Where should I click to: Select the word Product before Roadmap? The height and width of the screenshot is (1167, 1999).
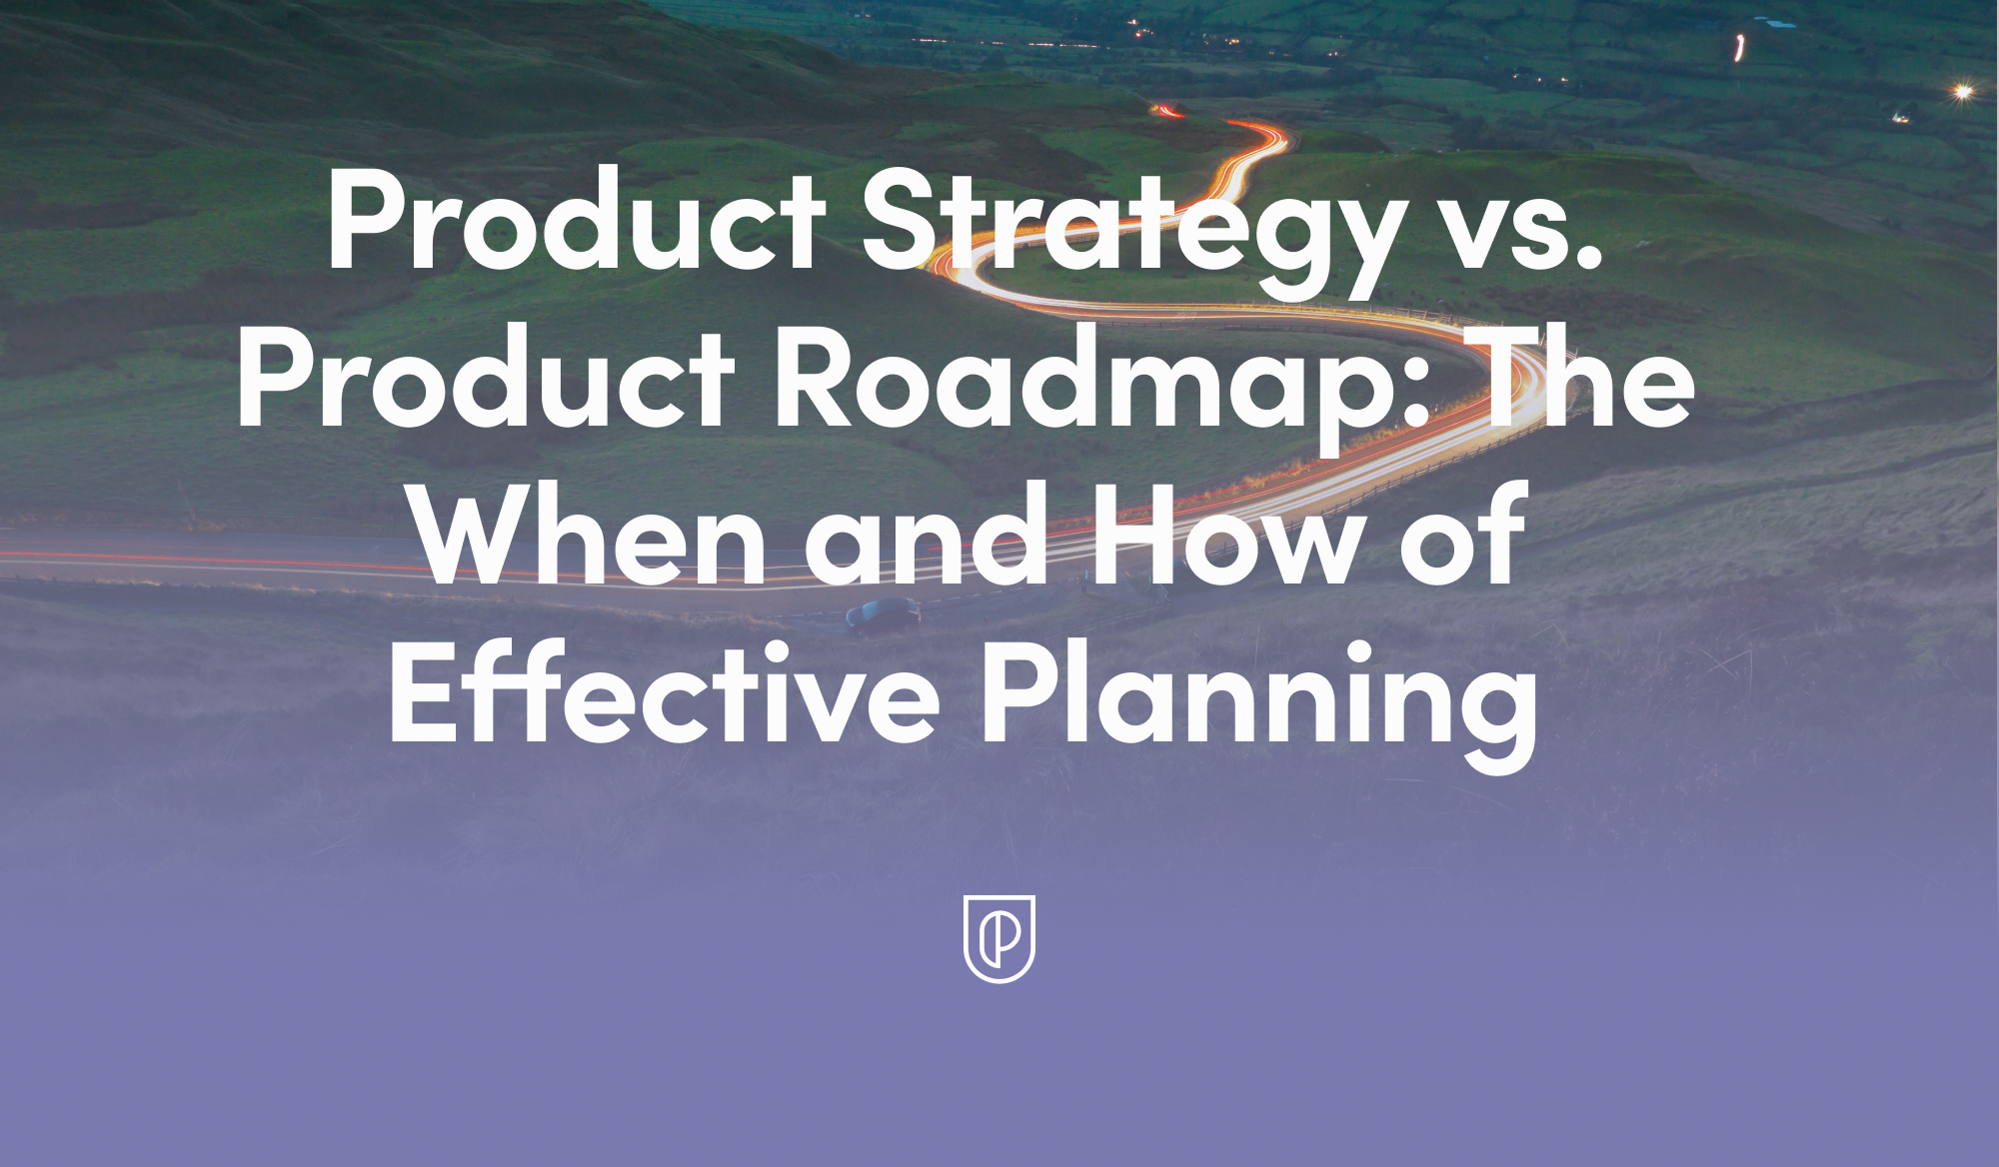[x=486, y=380]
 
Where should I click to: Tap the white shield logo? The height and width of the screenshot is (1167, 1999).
[x=999, y=938]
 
